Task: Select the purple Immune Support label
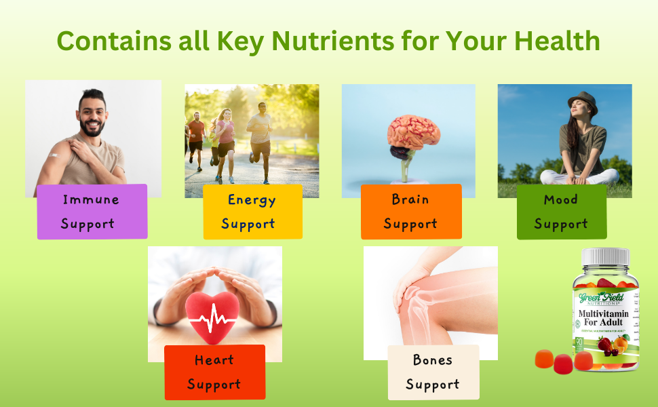coord(92,211)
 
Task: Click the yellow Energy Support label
coord(252,212)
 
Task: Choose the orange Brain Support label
coord(410,212)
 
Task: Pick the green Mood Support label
coord(561,212)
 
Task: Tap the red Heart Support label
coord(214,372)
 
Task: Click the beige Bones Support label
coord(433,372)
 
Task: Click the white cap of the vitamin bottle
coord(606,258)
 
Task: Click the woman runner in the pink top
coord(225,138)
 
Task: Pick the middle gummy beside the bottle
coord(563,364)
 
